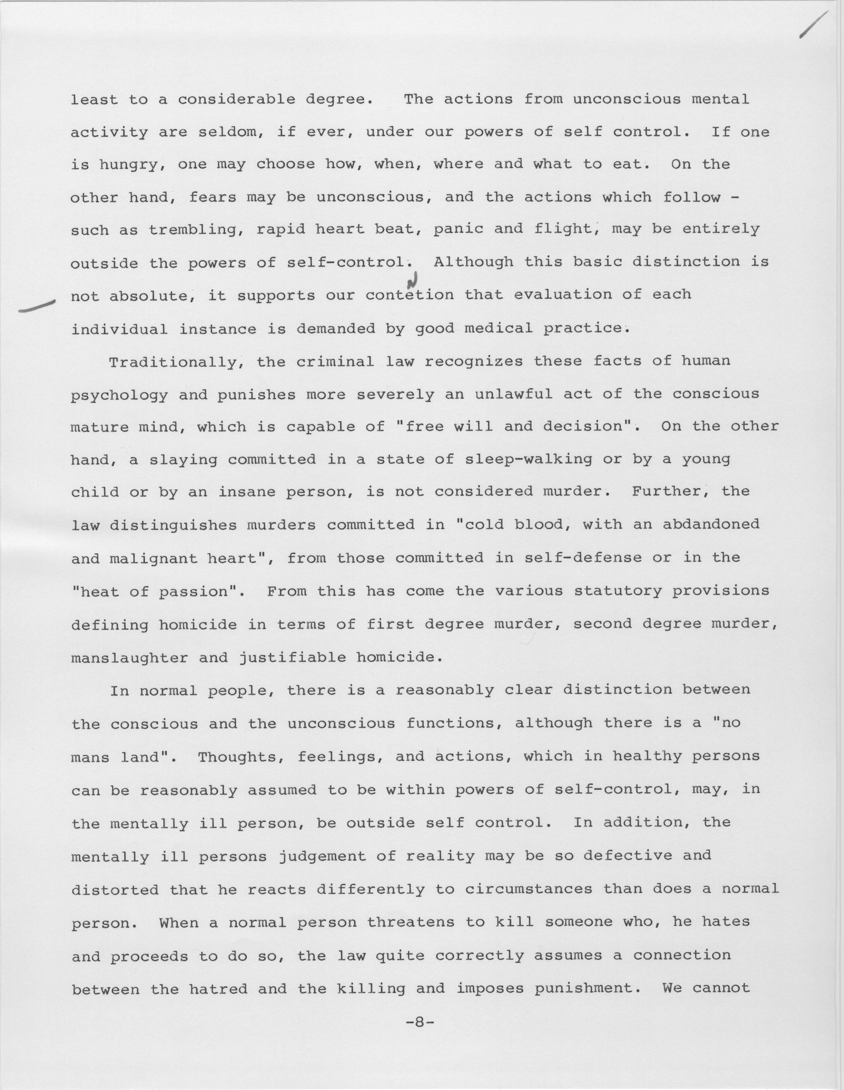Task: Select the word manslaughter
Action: [129, 658]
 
